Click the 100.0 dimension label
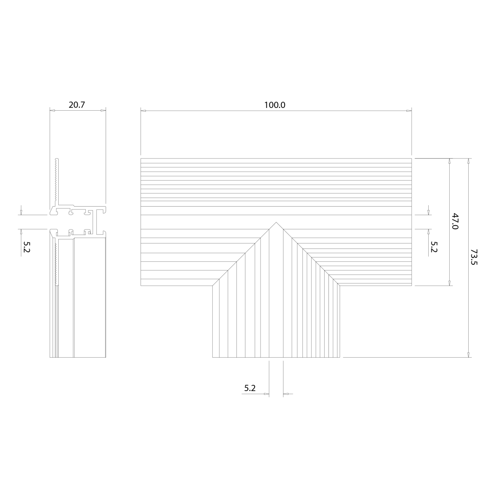275,105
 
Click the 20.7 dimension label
76,105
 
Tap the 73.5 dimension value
473,257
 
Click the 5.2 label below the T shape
250,388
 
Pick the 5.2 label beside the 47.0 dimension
434,247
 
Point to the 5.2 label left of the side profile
26,247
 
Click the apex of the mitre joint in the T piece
276,222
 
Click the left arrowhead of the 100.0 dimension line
143,111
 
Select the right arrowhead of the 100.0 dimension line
409,111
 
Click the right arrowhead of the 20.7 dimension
103,111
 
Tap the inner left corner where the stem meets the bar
213,286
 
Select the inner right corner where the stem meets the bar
340,286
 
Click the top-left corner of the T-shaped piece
141,158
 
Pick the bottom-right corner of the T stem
340,357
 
